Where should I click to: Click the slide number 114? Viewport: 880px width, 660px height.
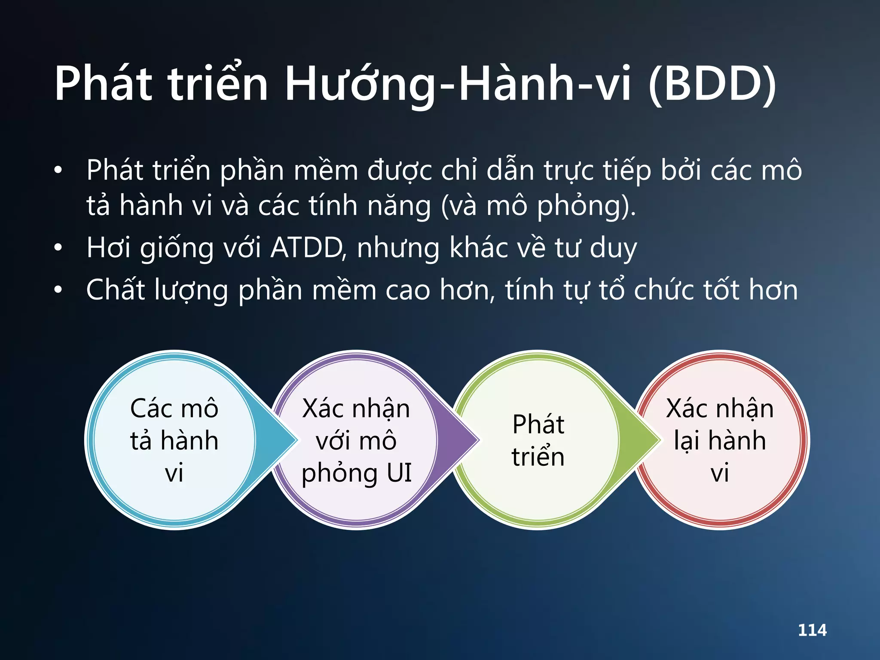click(812, 630)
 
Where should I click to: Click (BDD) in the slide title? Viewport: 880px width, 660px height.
click(712, 84)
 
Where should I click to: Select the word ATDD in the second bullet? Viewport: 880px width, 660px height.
click(307, 248)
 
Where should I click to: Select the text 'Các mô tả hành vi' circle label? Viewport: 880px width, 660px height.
click(174, 440)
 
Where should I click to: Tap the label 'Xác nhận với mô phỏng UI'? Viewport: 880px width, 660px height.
click(356, 440)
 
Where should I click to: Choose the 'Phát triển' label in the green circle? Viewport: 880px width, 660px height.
click(538, 440)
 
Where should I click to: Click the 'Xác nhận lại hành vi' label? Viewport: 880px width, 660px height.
click(720, 440)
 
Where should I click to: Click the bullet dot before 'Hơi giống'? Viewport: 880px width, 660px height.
click(58, 248)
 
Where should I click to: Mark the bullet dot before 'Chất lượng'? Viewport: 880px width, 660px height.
click(58, 290)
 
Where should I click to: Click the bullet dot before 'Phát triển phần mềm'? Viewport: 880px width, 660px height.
click(58, 171)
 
